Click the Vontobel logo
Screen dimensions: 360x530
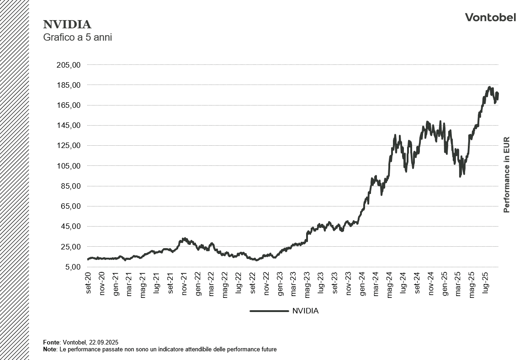[x=490, y=17]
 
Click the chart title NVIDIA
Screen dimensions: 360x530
[x=67, y=25]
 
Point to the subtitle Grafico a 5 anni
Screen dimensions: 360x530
[x=77, y=37]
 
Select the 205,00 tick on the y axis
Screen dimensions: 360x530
[x=69, y=65]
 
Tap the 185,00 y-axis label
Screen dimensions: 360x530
[x=69, y=85]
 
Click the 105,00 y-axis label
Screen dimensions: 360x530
[x=69, y=166]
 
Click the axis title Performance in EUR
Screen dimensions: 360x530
[x=506, y=175]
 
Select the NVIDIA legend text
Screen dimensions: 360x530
[x=305, y=311]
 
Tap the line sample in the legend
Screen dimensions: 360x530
[x=269, y=311]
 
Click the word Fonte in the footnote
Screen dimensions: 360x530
[x=51, y=342]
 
